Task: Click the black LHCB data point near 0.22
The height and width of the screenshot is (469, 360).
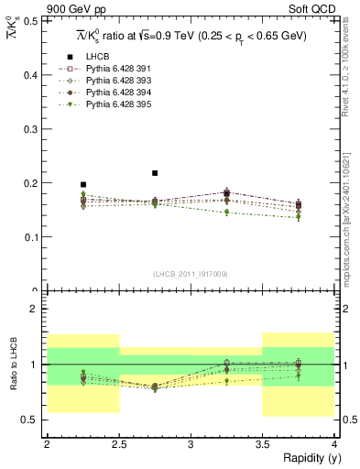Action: [x=155, y=172]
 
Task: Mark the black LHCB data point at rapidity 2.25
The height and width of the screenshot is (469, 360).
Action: [x=83, y=184]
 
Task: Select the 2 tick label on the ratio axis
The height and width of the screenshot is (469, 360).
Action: [x=36, y=309]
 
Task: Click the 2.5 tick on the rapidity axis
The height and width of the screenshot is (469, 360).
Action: [x=118, y=444]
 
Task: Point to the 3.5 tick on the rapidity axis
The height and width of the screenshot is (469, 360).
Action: [x=262, y=444]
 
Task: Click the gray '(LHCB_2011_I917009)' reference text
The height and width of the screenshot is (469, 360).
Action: [x=191, y=274]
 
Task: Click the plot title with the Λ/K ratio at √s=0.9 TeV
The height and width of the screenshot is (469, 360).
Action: [x=191, y=36]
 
